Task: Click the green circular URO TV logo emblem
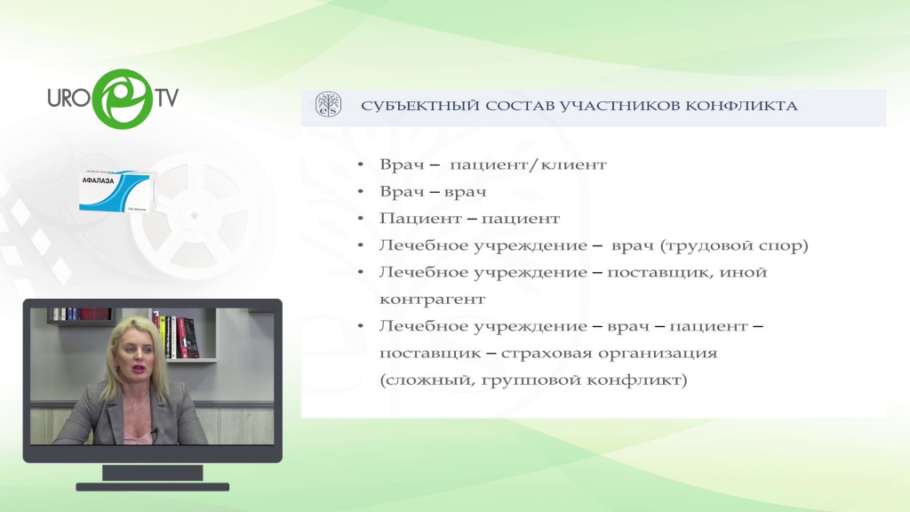point(123,99)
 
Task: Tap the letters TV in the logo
point(166,98)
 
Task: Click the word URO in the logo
point(69,98)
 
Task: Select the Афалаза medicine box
point(116,191)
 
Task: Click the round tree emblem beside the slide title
point(329,105)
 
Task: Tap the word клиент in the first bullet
point(574,164)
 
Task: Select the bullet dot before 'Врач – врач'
point(361,192)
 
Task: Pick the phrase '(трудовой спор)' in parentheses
point(734,245)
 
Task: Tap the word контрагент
point(433,300)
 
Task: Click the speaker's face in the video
point(134,356)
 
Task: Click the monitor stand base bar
point(153,487)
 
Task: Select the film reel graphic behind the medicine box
point(196,215)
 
